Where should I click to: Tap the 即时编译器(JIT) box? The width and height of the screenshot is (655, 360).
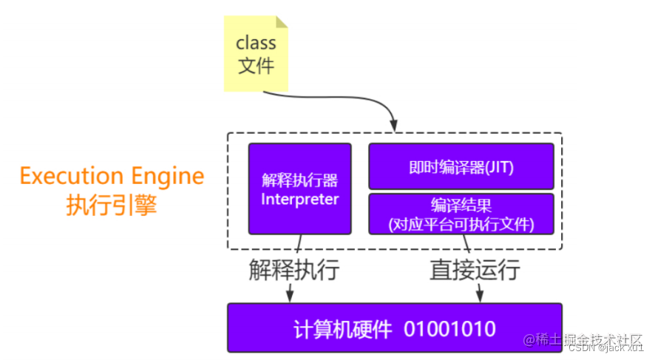coord(461,167)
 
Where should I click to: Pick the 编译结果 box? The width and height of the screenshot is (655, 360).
coord(461,214)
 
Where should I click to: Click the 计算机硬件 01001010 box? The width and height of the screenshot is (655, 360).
coord(394,327)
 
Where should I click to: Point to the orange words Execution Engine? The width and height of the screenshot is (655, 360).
coord(112,177)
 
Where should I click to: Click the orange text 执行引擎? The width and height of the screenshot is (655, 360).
coord(112,206)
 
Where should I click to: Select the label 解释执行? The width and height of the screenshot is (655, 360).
coord(293,270)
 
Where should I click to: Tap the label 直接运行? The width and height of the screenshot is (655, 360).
coord(475,270)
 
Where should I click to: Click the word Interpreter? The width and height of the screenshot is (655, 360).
coord(300,200)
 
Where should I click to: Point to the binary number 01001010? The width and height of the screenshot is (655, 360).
coord(449,328)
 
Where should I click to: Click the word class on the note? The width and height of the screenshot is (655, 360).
coord(256,43)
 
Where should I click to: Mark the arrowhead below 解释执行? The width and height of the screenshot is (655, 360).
coord(290,296)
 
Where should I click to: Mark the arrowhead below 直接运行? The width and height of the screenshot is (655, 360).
coord(480,296)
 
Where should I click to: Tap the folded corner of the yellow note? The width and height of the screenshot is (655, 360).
coord(282,22)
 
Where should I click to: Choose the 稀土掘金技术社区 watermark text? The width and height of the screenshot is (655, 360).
coord(586,339)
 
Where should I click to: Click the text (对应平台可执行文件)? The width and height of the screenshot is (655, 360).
coord(461,224)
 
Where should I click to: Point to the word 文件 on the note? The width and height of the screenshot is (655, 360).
coord(256,66)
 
